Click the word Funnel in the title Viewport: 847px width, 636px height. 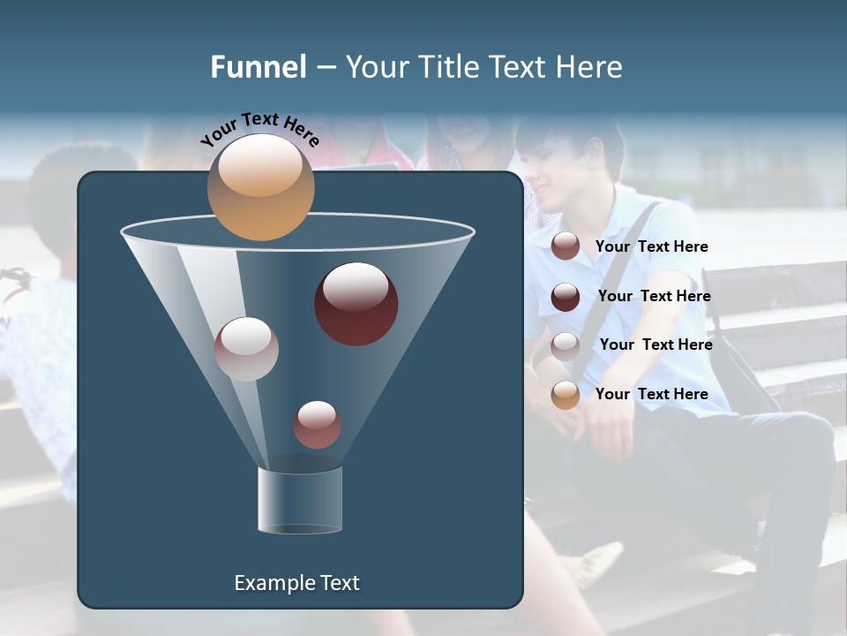tap(258, 67)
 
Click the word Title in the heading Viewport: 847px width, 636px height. tap(446, 67)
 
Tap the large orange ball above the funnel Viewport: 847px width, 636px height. tap(260, 186)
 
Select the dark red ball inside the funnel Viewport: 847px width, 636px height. tap(356, 304)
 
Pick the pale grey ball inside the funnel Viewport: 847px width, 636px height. tap(246, 349)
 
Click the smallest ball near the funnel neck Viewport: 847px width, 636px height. tap(317, 425)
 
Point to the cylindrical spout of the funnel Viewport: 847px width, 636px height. tap(299, 501)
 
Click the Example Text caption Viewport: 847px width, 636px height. tap(296, 583)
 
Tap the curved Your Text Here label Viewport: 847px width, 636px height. tap(260, 130)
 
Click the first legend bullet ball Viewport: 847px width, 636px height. tap(566, 246)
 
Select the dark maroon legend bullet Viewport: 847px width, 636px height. tap(566, 297)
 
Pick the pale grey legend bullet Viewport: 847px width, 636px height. tap(566, 346)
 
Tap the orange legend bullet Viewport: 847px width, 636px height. tap(566, 395)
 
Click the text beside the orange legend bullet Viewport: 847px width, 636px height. tap(651, 394)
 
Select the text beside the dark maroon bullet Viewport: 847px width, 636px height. tap(654, 296)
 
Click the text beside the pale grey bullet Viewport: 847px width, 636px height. tap(656, 344)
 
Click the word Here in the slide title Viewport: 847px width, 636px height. tap(589, 67)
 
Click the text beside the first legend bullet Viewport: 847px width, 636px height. tap(651, 246)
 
